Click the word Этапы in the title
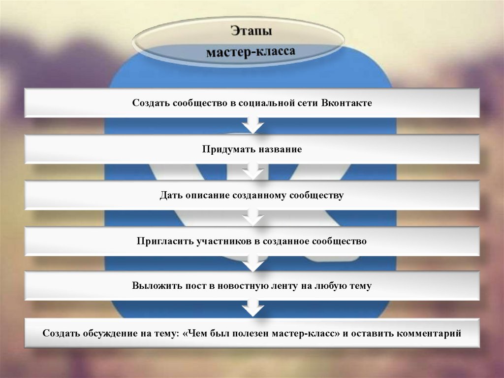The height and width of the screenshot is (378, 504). [252, 32]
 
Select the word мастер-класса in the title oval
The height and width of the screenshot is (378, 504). [251, 52]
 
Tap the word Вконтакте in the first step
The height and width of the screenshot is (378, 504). [346, 103]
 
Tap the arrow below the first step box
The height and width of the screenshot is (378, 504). [252, 125]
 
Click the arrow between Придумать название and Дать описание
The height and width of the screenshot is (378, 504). [252, 172]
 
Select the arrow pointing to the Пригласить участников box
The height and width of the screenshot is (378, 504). [252, 217]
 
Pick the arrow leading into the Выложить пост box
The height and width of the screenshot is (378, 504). [252, 263]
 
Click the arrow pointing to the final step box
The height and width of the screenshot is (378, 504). [252, 309]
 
